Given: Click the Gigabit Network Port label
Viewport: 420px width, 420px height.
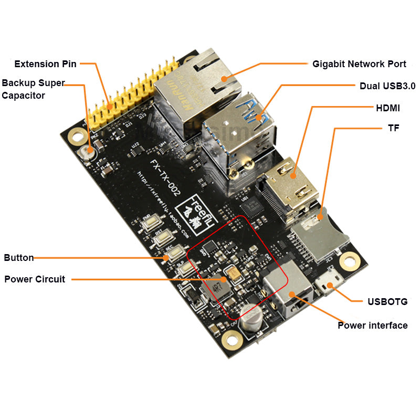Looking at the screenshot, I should [359, 64].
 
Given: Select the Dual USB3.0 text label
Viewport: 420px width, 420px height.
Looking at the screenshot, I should [387, 86].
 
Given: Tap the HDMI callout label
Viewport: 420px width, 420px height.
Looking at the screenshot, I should [388, 108].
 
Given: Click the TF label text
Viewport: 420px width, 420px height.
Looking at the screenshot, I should [394, 128].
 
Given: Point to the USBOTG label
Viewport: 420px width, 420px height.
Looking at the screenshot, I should [387, 301].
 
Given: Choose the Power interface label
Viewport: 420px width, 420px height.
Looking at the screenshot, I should [372, 325].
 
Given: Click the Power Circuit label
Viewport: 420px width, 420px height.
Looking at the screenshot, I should [35, 279].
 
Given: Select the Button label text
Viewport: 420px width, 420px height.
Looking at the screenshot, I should [19, 258].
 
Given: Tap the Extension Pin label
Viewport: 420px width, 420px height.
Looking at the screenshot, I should [45, 64].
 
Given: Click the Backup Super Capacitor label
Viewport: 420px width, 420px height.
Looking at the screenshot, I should [33, 89].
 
